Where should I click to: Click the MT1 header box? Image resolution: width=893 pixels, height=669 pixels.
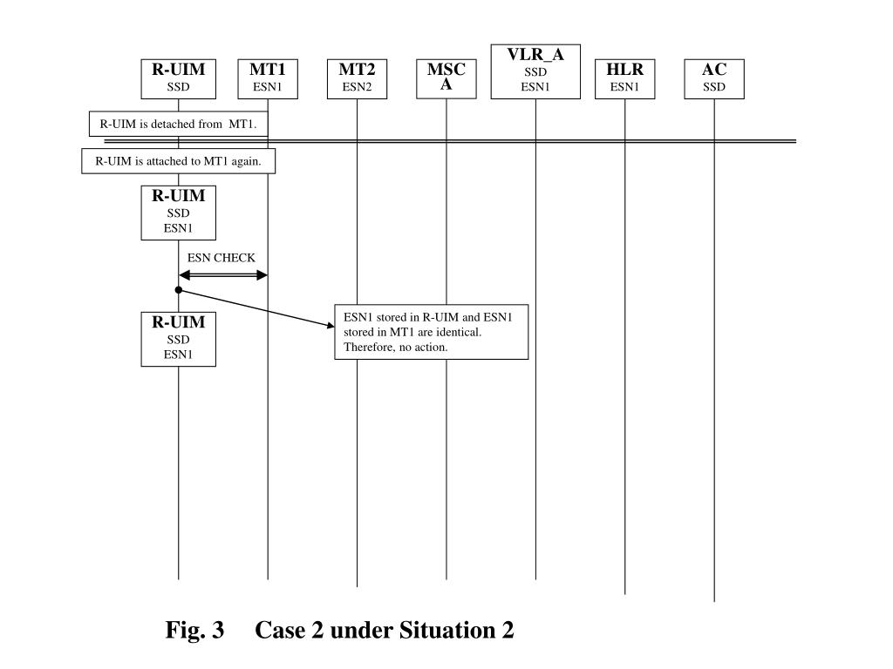[268, 78]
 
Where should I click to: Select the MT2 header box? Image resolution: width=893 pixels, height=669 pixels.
[357, 78]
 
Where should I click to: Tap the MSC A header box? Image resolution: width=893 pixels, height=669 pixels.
[446, 78]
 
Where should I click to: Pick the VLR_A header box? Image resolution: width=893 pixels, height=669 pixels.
[535, 71]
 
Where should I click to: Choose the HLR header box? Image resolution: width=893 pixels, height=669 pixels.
[624, 78]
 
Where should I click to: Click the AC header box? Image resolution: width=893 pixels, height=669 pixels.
[713, 78]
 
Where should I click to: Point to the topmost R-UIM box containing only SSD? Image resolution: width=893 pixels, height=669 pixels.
[178, 78]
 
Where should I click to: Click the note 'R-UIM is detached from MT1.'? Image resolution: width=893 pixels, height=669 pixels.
[178, 124]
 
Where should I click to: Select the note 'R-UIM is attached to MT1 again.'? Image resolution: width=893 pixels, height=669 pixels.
[178, 161]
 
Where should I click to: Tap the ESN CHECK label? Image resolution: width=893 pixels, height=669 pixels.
[222, 258]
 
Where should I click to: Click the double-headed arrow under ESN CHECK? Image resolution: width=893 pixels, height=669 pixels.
[222, 275]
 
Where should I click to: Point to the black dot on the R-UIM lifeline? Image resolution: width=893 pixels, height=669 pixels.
[178, 289]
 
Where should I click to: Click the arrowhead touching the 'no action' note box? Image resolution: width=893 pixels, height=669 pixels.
[331, 326]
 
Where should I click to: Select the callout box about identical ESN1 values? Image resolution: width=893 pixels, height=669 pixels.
[432, 332]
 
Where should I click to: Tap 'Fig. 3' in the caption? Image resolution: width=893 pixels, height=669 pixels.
[195, 630]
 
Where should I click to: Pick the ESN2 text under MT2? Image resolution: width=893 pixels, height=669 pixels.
[357, 87]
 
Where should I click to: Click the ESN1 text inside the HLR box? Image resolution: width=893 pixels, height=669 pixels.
[624, 87]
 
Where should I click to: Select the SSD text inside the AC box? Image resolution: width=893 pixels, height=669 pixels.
[713, 87]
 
